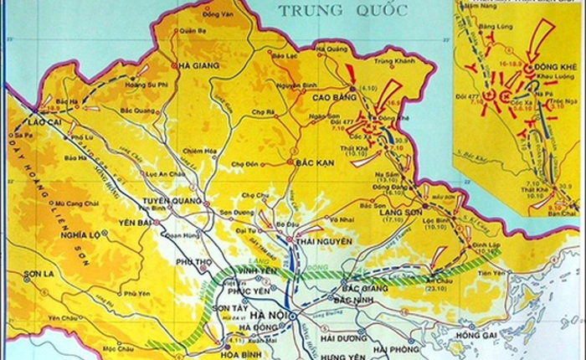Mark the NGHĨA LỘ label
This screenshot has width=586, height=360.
coord(82,236)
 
